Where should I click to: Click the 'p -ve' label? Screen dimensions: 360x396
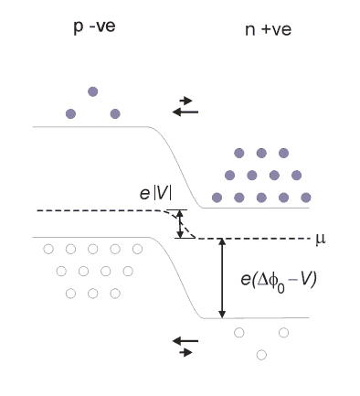(94, 27)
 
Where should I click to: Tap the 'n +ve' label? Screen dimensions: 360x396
(268, 29)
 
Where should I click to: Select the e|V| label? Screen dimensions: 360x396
(155, 193)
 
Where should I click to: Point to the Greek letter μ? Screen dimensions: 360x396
(321, 239)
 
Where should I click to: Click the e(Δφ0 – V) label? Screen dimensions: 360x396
(279, 280)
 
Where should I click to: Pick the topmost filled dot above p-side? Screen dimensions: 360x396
(93, 91)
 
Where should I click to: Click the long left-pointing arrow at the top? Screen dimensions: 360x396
(185, 112)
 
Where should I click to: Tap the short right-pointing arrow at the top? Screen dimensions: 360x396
(185, 101)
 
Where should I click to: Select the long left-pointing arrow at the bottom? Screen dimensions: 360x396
(185, 341)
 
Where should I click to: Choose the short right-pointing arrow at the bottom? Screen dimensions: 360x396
(185, 353)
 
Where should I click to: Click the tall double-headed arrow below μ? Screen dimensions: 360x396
(222, 278)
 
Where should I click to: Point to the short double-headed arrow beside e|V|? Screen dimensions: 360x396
(180, 224)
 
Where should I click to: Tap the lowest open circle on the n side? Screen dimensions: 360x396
(261, 355)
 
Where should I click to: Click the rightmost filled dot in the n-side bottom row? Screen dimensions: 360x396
(306, 198)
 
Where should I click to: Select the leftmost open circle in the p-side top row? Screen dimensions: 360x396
(48, 249)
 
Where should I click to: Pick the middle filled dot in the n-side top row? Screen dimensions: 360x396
(261, 153)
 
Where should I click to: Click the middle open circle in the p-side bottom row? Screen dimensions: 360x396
(93, 294)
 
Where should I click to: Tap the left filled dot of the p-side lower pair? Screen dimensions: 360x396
(70, 114)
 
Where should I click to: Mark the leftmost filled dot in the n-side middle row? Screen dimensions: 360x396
(229, 176)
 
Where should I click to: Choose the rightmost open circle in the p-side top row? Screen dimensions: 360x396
(137, 249)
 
